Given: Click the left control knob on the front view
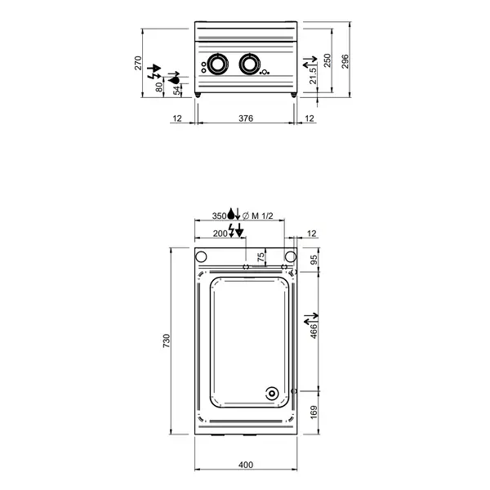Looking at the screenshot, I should (x=219, y=65).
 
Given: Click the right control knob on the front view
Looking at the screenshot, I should (x=247, y=65).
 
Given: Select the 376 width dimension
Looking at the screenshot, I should (x=245, y=119).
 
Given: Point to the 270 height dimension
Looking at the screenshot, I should (x=139, y=63).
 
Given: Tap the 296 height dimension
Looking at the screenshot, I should (x=345, y=62).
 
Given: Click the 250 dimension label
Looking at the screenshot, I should (x=327, y=62).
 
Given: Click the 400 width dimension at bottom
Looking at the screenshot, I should (x=245, y=465).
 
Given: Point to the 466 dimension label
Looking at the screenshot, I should (x=314, y=331).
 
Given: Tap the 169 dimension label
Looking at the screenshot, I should (x=314, y=411).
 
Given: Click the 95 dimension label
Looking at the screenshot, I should (x=314, y=261).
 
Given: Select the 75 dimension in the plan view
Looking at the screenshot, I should (x=261, y=257).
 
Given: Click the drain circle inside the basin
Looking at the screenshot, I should (x=270, y=394).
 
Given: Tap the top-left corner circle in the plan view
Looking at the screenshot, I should (x=202, y=256).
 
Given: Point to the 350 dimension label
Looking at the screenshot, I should (x=219, y=216).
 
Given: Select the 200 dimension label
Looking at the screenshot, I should (x=220, y=233).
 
